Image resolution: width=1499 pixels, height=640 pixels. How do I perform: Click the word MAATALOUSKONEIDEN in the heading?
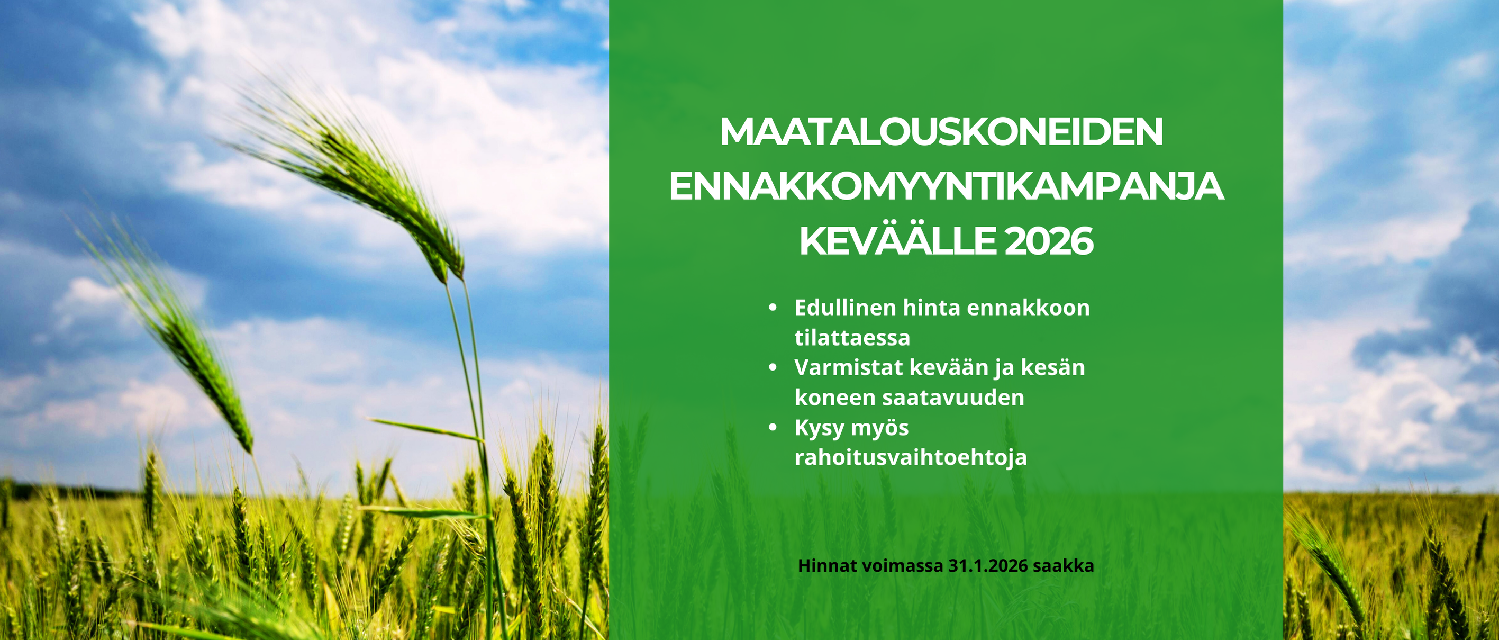pos(941,132)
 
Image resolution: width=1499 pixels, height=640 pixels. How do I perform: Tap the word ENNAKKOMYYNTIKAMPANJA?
pos(946,186)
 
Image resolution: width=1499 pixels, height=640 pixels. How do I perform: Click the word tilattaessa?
pos(852,338)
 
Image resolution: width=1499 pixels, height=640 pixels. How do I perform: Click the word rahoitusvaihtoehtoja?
pos(911,457)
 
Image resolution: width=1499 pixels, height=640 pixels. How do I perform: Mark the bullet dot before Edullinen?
pos(773,308)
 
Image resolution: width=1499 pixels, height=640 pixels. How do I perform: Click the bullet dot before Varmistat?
pos(773,367)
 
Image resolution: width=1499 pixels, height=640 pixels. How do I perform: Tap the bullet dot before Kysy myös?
pos(773,427)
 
